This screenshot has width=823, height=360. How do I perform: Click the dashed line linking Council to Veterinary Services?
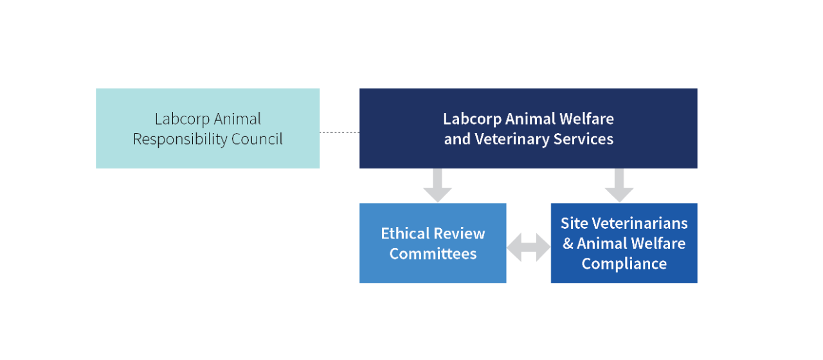pos(339,132)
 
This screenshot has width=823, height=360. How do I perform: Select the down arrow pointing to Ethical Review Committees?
pos(437,186)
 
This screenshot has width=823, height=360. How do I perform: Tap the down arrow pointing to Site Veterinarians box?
pos(619,186)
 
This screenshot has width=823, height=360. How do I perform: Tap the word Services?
pos(583,139)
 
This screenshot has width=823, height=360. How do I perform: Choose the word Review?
pos(459,233)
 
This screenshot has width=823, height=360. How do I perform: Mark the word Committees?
pos(433,254)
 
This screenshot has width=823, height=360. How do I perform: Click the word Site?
pos(574,223)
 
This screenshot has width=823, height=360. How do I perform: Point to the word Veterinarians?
pos(640,223)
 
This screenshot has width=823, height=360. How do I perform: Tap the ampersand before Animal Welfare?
pos(568,244)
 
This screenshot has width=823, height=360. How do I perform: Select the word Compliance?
pos(624,264)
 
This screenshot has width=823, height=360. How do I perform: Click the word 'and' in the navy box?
pos(457,139)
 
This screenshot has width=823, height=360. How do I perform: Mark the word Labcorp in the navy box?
pos(472,119)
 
